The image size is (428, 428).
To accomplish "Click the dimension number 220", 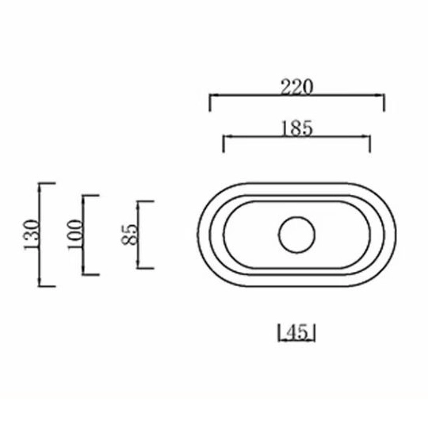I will [x=297, y=87].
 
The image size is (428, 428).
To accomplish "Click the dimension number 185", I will [x=297, y=127].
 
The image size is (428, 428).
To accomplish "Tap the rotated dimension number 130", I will [x=31, y=235].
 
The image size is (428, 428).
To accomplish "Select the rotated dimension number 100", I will [x=75, y=235].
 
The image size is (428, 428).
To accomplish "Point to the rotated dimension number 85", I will [x=131, y=234].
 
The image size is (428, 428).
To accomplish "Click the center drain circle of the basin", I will [x=298, y=235].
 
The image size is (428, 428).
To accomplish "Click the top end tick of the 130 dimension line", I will [x=48, y=183].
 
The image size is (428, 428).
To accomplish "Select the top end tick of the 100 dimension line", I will [x=90, y=195].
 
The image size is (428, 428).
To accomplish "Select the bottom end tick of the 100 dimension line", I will [x=90, y=275].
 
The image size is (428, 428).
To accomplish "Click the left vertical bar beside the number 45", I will [x=281, y=333].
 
